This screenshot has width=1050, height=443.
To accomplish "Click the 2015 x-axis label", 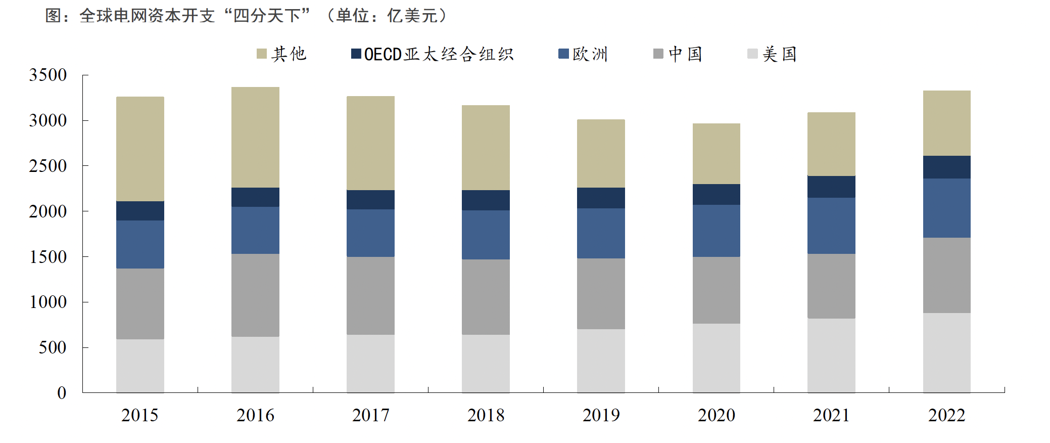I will tap(139, 415).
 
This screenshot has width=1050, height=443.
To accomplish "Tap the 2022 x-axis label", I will tap(946, 415).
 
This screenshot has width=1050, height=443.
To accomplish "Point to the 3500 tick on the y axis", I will tap(48, 75).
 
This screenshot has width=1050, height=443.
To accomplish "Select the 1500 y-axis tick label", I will tap(48, 257).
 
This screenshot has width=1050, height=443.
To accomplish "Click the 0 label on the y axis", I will tap(62, 393).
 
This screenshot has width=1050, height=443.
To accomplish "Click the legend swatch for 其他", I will tap(261, 54).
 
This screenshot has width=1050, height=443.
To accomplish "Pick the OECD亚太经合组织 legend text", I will tap(439, 54).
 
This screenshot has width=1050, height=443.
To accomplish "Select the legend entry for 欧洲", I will tap(590, 54).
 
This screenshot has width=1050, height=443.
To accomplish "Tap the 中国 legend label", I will tap(685, 54).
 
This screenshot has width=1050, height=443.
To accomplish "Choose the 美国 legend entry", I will tap(779, 54).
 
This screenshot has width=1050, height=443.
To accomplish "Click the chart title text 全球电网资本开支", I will tap(147, 16).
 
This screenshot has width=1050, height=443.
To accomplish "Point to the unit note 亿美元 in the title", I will tap(412, 16).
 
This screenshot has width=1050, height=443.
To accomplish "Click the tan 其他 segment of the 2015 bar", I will tap(140, 149).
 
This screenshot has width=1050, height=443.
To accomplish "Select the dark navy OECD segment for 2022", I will tap(946, 167).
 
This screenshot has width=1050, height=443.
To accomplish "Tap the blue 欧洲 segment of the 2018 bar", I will tap(486, 235).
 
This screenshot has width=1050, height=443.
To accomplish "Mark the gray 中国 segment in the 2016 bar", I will tap(255, 295).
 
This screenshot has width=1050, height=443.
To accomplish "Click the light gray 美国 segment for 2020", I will tap(716, 358).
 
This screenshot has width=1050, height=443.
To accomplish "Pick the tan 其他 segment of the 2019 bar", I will tap(601, 153).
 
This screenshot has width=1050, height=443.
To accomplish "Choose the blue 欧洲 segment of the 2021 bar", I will tap(831, 226).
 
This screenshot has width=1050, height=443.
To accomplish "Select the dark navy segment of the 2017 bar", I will tap(370, 200).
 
